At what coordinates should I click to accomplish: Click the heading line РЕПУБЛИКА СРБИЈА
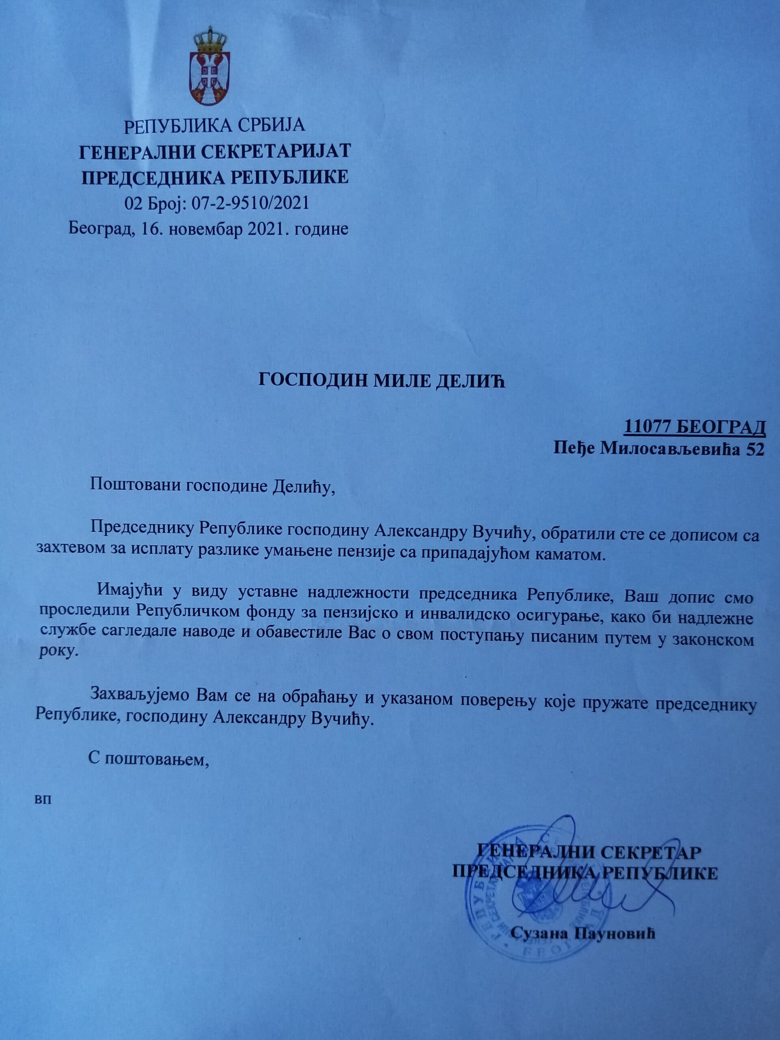(214, 126)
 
